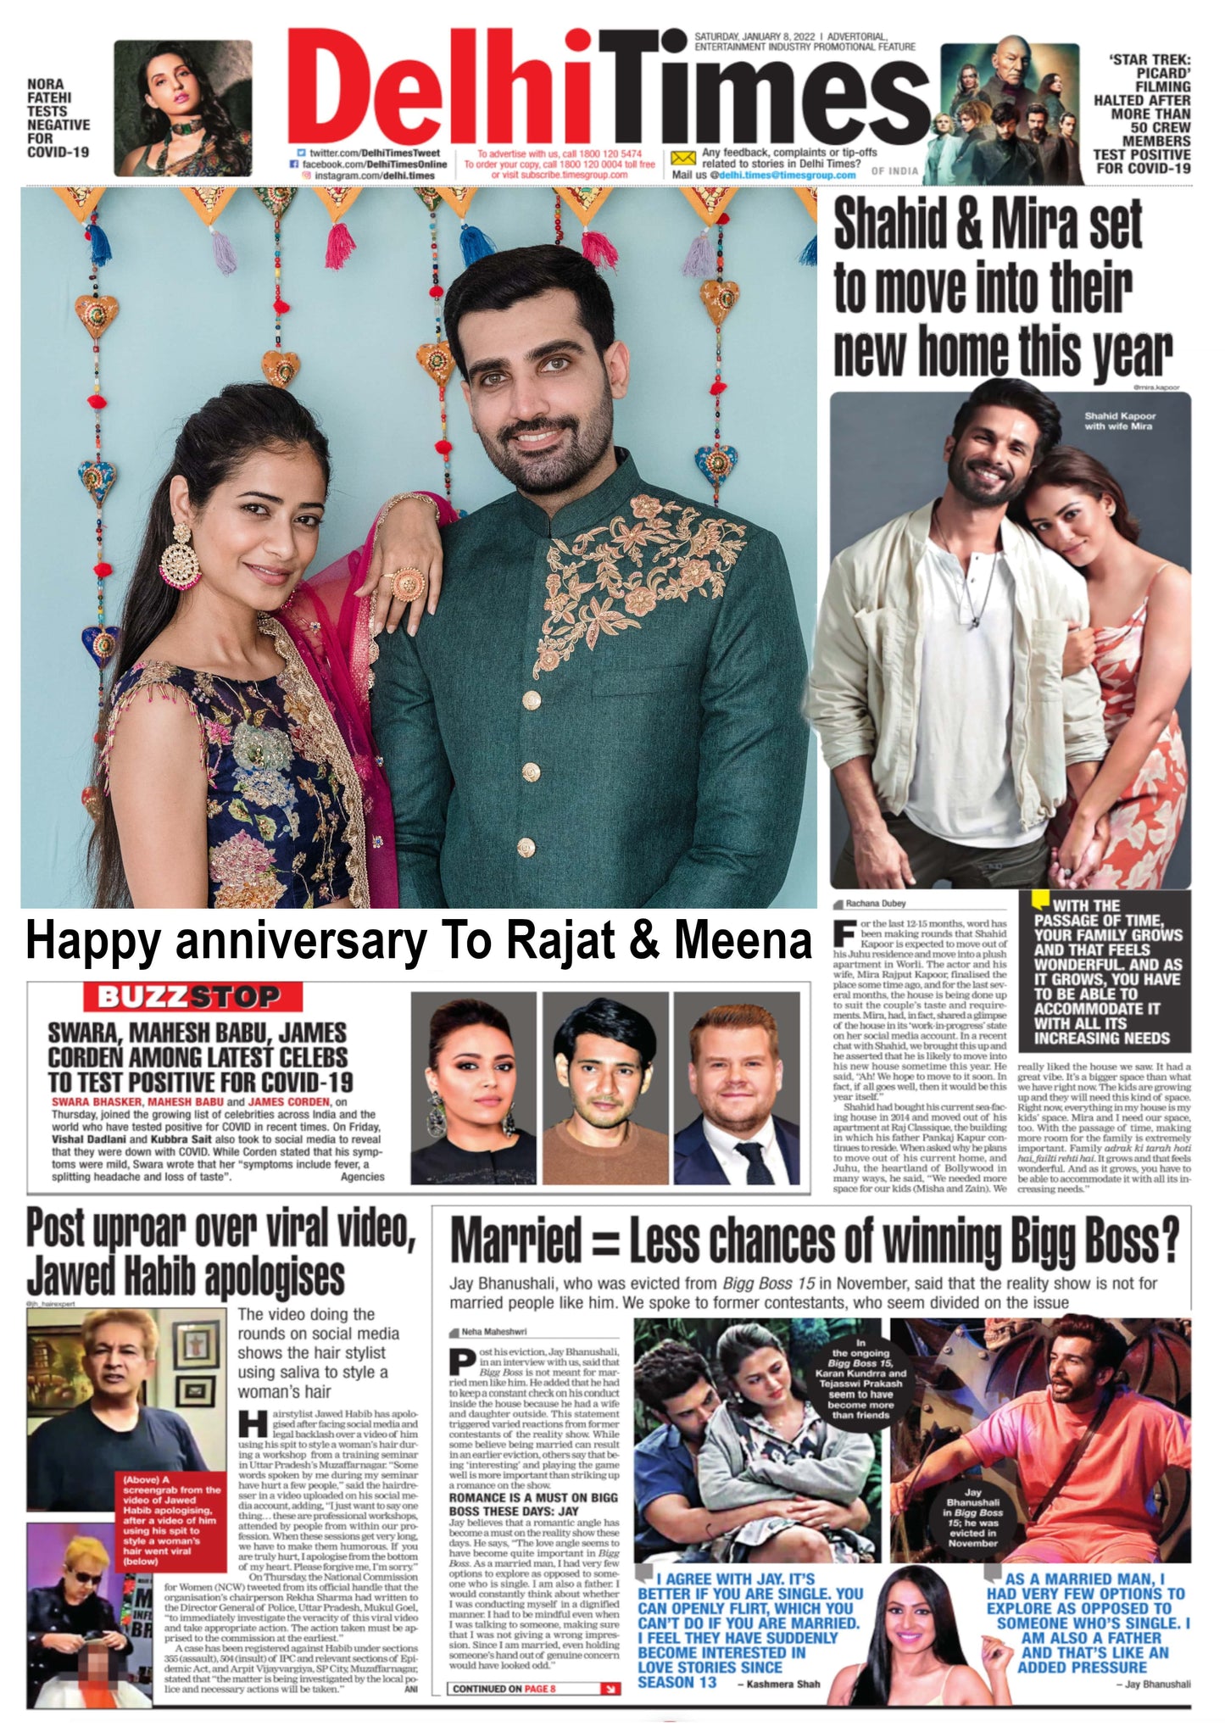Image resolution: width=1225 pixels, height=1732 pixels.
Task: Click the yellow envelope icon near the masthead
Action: (682, 159)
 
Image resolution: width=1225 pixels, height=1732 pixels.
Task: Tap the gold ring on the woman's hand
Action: (408, 585)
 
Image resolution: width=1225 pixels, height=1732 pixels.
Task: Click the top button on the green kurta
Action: (532, 700)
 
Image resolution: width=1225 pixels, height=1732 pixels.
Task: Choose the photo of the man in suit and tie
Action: (736, 1089)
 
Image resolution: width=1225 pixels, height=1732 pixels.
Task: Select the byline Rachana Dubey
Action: (876, 904)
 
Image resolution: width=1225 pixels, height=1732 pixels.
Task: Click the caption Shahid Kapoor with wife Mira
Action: (1119, 421)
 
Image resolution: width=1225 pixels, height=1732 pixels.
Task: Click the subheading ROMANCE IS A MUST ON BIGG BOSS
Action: (533, 1503)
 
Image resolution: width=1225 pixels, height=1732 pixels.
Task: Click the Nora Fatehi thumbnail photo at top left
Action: (183, 108)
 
